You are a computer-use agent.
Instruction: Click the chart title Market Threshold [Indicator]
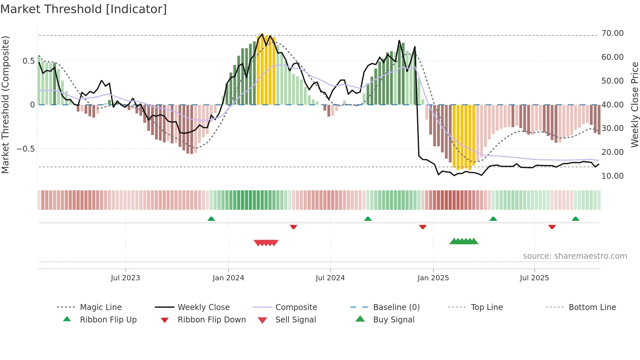point(84,9)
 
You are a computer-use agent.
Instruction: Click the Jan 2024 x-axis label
point(228,278)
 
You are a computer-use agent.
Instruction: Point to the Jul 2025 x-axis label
point(534,278)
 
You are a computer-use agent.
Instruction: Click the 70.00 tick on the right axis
point(612,33)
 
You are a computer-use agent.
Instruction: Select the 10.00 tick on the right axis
point(612,176)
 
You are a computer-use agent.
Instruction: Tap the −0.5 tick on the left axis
point(25,149)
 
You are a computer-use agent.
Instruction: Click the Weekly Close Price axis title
point(634,105)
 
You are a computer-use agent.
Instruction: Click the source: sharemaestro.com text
point(575,256)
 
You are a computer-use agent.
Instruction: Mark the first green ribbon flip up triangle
point(211,219)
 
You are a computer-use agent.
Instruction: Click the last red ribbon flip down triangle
point(552,227)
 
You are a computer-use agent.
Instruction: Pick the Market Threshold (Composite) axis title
point(5,105)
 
